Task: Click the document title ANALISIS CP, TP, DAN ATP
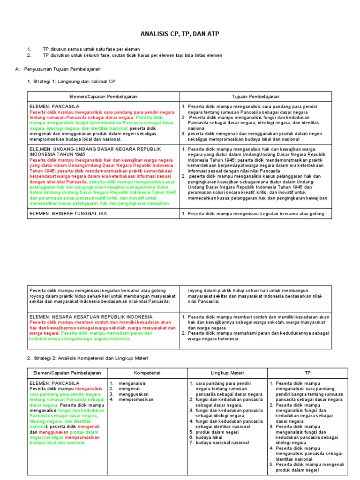click(180, 34)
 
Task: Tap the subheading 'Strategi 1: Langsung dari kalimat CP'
click(74, 82)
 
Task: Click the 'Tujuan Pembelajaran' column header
click(255, 96)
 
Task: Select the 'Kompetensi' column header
click(147, 372)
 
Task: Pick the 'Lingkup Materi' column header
click(227, 372)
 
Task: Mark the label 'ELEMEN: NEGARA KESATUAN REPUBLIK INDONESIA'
click(88, 317)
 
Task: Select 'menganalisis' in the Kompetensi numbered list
click(132, 383)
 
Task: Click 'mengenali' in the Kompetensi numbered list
click(130, 389)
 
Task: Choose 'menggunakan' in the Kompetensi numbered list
click(133, 395)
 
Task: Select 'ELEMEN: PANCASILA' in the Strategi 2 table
click(54, 383)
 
